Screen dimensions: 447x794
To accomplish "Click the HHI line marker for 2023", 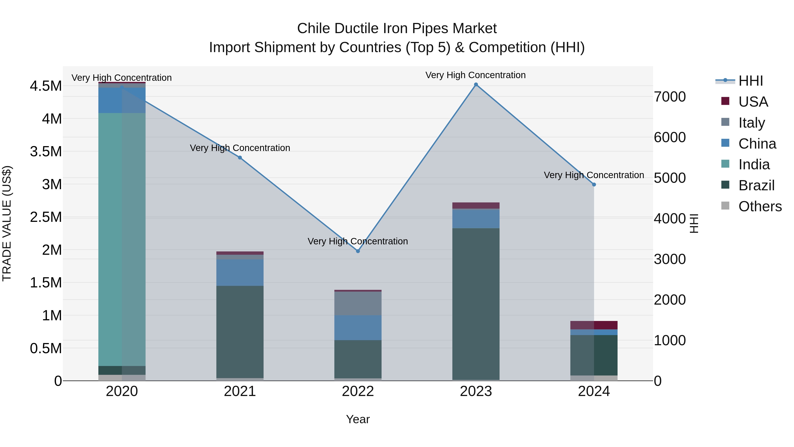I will (x=476, y=85).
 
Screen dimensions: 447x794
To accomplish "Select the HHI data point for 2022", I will (x=358, y=251).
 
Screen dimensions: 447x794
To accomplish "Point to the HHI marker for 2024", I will (x=594, y=185).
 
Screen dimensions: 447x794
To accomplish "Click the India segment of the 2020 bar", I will (x=122, y=239).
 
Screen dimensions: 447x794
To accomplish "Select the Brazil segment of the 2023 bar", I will (x=476, y=304).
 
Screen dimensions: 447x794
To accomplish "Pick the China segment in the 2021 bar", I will (x=240, y=272).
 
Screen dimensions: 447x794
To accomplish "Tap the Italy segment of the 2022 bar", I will (x=358, y=303).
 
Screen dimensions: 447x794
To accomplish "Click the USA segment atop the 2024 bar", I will (x=594, y=325).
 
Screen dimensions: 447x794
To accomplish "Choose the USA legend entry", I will (x=753, y=102).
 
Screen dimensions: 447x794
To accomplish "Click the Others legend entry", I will (x=760, y=206).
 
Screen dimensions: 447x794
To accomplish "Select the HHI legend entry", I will (x=751, y=81).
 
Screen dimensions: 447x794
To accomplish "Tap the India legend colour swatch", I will (x=725, y=164).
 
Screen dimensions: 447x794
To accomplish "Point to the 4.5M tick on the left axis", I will (x=46, y=86).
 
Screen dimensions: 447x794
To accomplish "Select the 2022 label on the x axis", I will (x=358, y=391).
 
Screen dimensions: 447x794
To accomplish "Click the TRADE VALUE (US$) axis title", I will (x=7, y=223).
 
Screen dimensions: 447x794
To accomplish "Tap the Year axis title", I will (x=358, y=419).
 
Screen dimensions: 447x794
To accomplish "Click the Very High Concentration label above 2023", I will (x=476, y=75).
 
